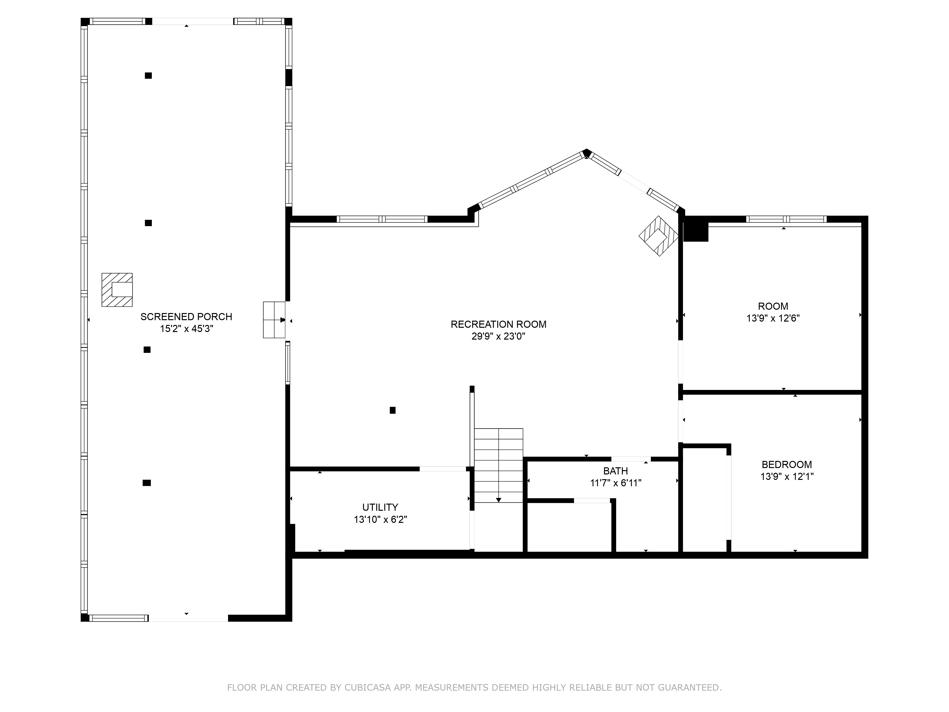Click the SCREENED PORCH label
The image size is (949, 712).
click(x=186, y=317)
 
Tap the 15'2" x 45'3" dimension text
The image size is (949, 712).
click(x=186, y=329)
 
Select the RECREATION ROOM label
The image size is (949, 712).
click(x=498, y=324)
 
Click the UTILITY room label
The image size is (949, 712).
click(x=380, y=507)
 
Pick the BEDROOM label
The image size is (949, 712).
click(x=786, y=464)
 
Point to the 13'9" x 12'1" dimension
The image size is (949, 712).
click(x=786, y=476)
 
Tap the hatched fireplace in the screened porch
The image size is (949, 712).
click(x=117, y=290)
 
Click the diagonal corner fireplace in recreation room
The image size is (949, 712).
click(x=658, y=236)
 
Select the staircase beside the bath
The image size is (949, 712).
click(x=498, y=466)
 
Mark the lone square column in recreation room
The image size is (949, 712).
click(x=392, y=410)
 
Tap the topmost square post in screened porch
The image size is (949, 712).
click(x=148, y=75)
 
